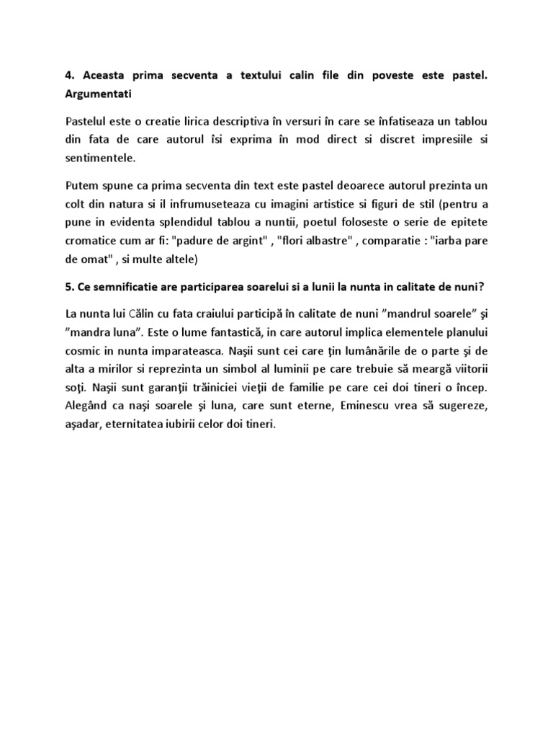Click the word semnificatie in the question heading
pyautogui.click(x=120, y=289)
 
